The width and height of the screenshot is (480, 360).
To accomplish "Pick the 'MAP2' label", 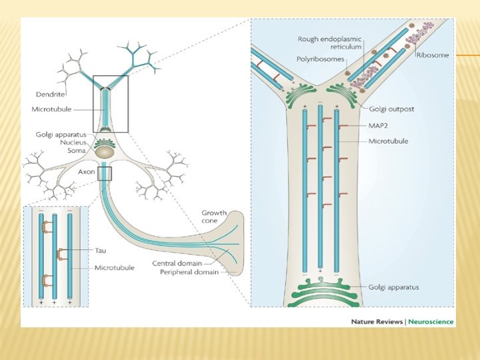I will click(x=378, y=125).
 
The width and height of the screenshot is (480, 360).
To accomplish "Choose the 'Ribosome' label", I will click(x=433, y=55).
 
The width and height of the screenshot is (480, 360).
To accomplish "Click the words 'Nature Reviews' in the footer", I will click(x=377, y=321).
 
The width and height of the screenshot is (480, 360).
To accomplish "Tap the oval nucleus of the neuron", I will click(x=105, y=153).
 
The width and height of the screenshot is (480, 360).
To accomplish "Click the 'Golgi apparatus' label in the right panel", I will click(x=394, y=287).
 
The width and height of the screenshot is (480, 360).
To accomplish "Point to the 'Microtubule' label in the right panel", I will click(x=388, y=141).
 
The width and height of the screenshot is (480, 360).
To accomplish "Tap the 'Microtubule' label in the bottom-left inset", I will click(x=114, y=267).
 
